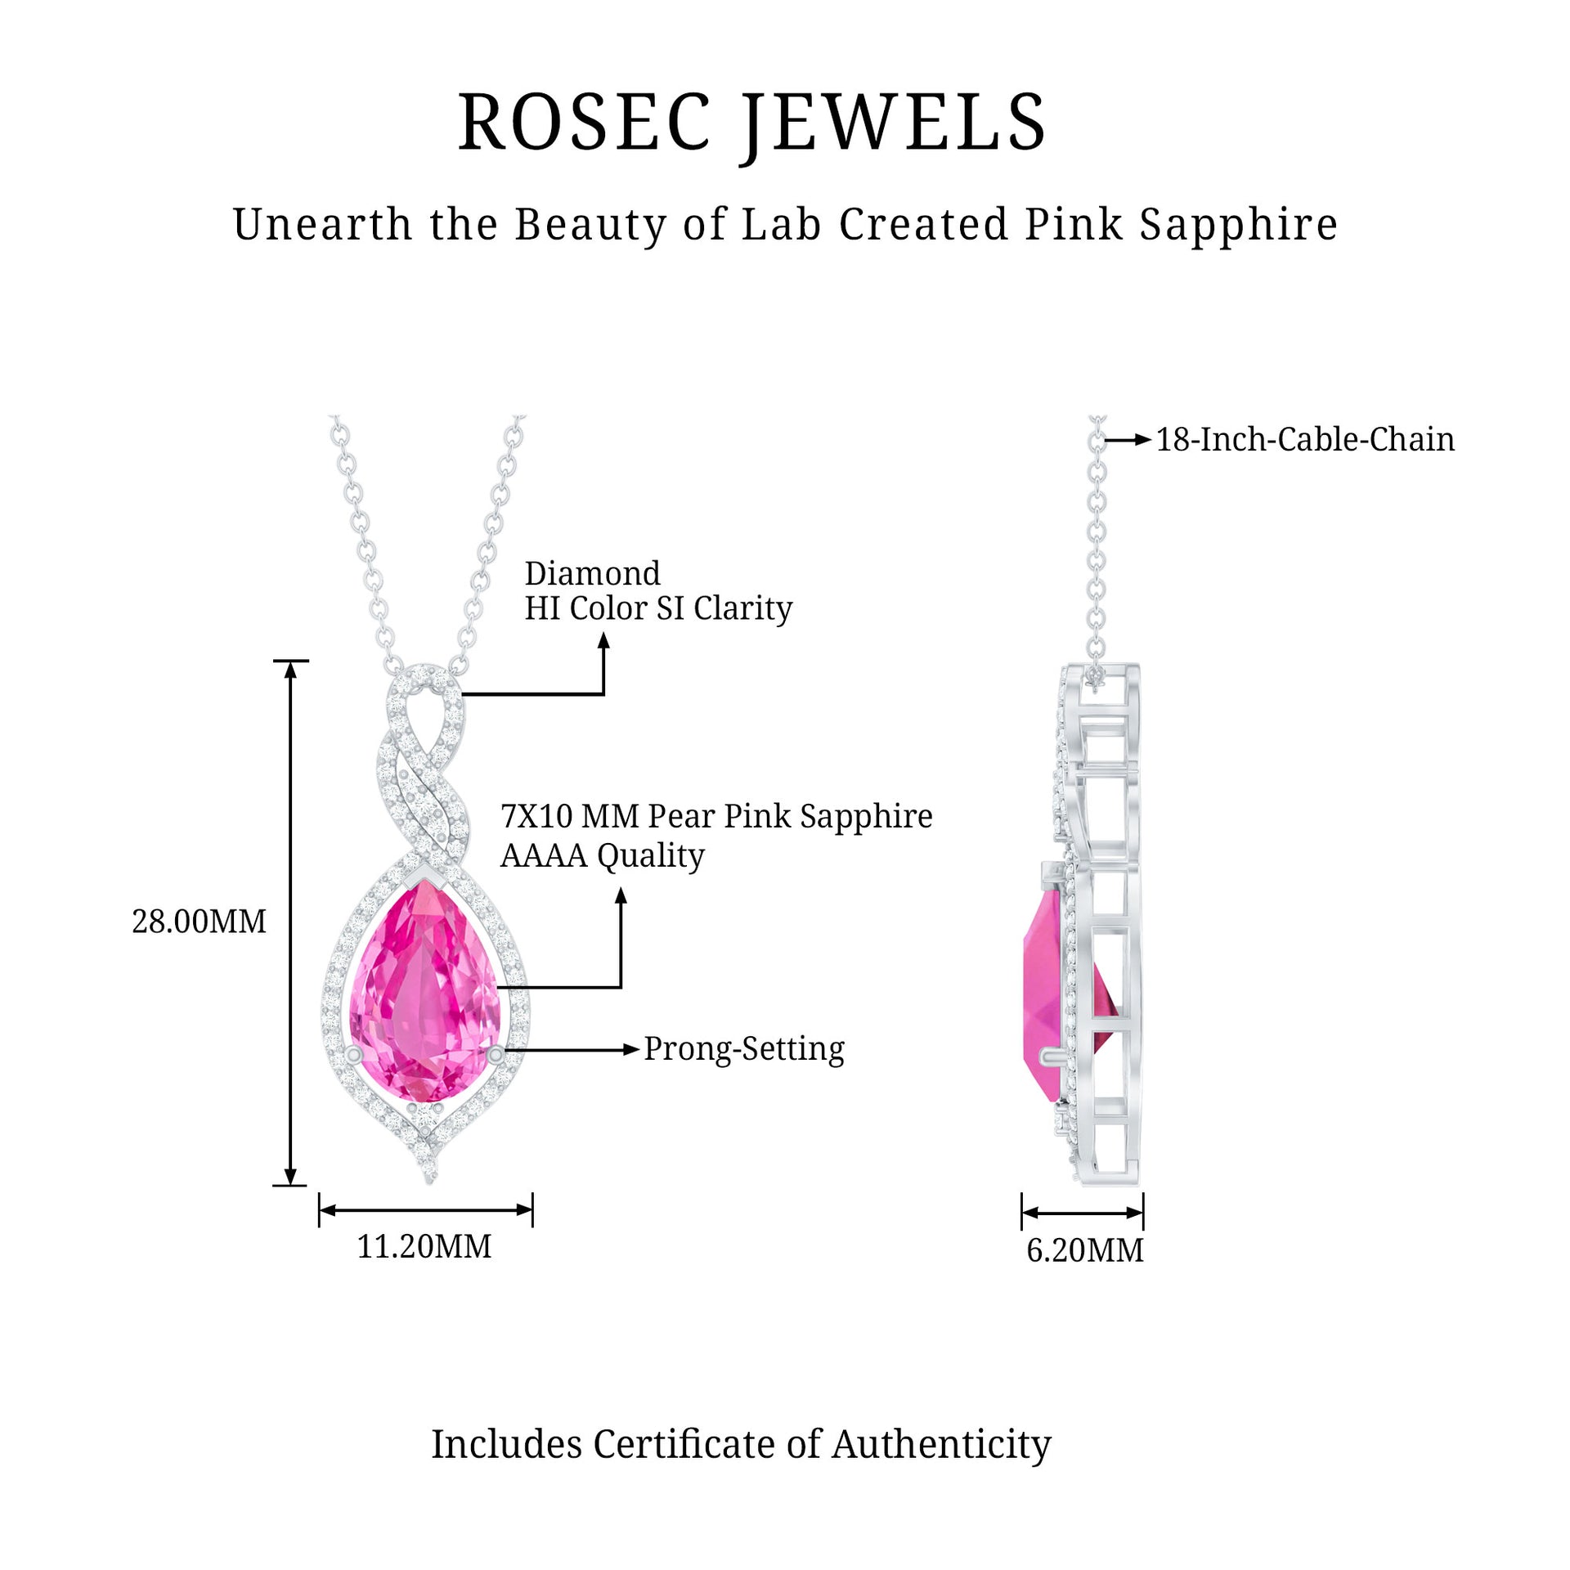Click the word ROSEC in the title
coord(584,123)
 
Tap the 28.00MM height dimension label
coord(199,922)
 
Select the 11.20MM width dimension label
coord(424,1246)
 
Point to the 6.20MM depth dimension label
coord(1084,1250)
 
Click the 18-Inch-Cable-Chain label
coord(1304,440)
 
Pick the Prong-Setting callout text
coord(743,1049)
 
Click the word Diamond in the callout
coord(592,573)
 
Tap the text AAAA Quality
coord(602,855)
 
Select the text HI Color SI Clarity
coord(658,608)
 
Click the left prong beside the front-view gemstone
coord(354,1055)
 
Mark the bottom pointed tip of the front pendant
coord(430,1180)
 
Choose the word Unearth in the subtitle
coord(322,224)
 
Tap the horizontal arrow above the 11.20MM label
coord(425,1210)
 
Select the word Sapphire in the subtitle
coord(1238,224)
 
